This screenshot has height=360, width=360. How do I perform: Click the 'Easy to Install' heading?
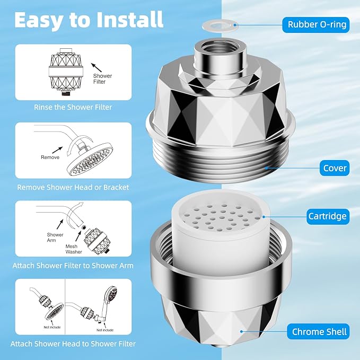pyautogui.click(x=89, y=20)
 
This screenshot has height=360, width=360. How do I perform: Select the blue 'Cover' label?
pyautogui.click(x=335, y=168)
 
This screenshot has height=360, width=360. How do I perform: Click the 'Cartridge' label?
pyautogui.click(x=328, y=216)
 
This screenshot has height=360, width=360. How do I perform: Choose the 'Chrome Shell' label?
pyautogui.click(x=319, y=332)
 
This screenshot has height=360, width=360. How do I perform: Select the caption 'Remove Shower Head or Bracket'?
pyautogui.click(x=73, y=187)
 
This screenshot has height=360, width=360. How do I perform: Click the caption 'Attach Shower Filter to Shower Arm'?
pyautogui.click(x=73, y=265)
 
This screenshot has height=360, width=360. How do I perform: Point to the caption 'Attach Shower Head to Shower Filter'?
pyautogui.click(x=73, y=344)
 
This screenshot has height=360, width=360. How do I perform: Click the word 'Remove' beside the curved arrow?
pyautogui.click(x=50, y=157)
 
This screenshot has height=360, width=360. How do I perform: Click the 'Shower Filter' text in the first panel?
pyautogui.click(x=102, y=79)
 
